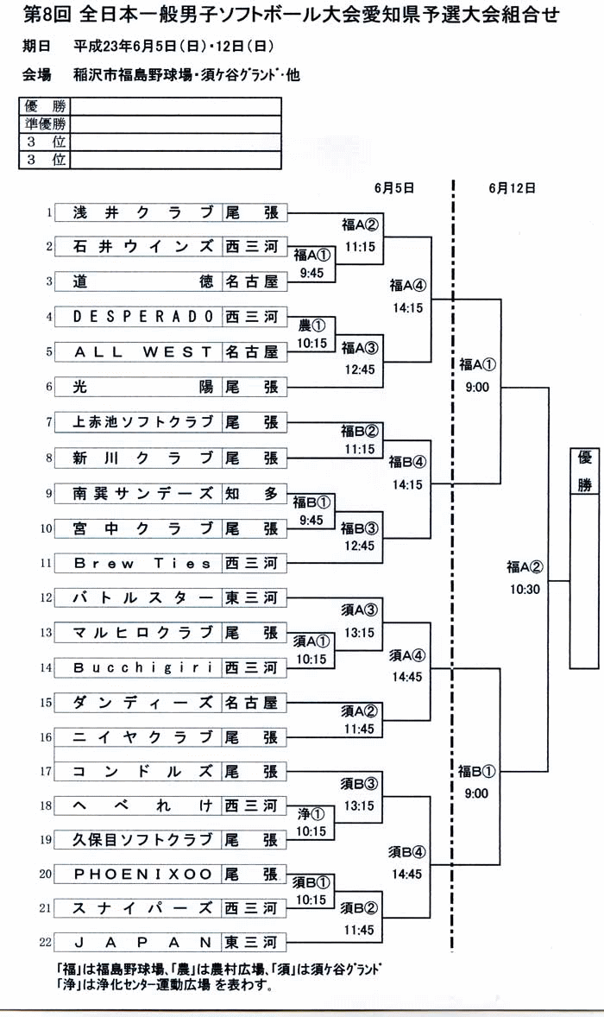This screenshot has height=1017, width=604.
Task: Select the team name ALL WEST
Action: (143, 351)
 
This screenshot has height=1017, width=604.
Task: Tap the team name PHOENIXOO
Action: (143, 874)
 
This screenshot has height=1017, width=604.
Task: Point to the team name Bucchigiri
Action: (143, 667)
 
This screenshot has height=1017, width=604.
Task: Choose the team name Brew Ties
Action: (142, 563)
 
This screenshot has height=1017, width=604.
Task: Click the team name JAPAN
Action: (143, 942)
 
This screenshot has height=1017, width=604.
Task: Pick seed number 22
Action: (46, 942)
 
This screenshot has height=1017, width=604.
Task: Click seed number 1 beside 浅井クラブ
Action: (48, 212)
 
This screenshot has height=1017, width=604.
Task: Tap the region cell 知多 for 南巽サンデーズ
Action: (252, 493)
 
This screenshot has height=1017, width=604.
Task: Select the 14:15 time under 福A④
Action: (407, 308)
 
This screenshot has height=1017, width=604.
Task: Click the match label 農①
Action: (311, 325)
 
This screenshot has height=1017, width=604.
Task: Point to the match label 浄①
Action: (311, 814)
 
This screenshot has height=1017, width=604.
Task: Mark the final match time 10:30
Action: (525, 589)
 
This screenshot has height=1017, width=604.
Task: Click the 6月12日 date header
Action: (512, 188)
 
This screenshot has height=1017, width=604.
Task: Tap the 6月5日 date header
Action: (394, 188)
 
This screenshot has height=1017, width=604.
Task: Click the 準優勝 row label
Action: (45, 123)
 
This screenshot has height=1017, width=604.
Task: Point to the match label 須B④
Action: (407, 851)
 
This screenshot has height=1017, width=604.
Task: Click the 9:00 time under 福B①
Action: (476, 793)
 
